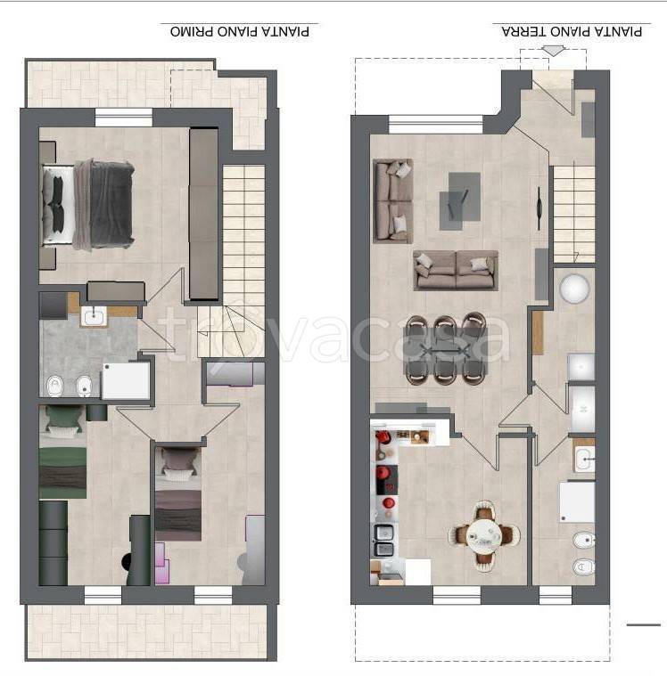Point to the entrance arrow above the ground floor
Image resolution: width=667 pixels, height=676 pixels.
click(x=553, y=51)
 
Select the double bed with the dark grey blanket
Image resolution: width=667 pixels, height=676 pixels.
click(x=87, y=205)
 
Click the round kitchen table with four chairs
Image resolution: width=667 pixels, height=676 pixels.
click(x=483, y=536)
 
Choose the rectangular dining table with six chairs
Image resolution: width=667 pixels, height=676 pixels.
click(x=446, y=349)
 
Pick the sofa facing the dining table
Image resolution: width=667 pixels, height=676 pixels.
click(x=456, y=271)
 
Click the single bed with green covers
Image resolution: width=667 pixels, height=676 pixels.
click(x=63, y=452)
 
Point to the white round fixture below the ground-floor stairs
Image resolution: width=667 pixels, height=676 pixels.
click(x=574, y=288)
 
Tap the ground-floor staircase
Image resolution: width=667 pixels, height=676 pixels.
click(x=573, y=215)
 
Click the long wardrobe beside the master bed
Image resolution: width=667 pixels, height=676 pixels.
click(x=204, y=214)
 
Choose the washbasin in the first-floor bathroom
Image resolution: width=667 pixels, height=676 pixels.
click(x=94, y=317)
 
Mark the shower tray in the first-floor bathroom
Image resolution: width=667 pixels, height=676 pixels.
click(x=126, y=380)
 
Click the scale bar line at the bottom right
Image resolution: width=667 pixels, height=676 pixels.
click(x=644, y=624)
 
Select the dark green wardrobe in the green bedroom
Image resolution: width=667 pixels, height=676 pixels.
click(x=54, y=542)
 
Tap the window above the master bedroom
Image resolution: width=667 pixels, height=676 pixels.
click(x=123, y=118)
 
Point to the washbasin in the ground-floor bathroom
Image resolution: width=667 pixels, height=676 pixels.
click(x=584, y=460)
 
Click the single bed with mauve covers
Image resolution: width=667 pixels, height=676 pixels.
click(x=177, y=494)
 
